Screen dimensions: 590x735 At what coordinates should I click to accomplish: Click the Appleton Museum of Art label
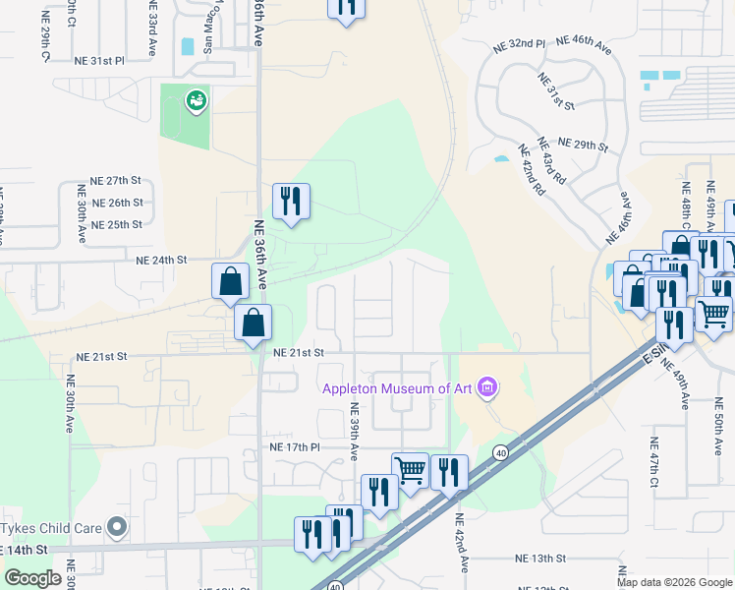pyautogui.click(x=398, y=388)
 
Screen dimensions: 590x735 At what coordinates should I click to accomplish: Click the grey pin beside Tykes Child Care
pyautogui.click(x=118, y=528)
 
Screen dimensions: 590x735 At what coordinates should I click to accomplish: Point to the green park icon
pyautogui.click(x=197, y=99)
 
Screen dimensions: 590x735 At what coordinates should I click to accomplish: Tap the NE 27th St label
pyautogui.click(x=116, y=181)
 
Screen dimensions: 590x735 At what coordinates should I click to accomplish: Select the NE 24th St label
pyautogui.click(x=161, y=260)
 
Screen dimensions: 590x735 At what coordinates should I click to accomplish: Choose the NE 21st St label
pyautogui.click(x=299, y=352)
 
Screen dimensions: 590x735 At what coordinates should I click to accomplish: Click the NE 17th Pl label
pyautogui.click(x=295, y=446)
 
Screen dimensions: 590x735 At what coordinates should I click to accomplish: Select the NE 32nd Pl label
pyautogui.click(x=519, y=44)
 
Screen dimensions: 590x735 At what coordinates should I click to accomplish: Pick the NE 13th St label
pyautogui.click(x=541, y=558)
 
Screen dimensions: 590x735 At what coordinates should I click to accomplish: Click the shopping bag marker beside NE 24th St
pyautogui.click(x=230, y=281)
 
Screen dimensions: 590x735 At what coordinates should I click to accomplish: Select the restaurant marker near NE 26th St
pyautogui.click(x=291, y=203)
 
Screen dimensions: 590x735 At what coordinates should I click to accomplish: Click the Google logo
pyautogui.click(x=32, y=578)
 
